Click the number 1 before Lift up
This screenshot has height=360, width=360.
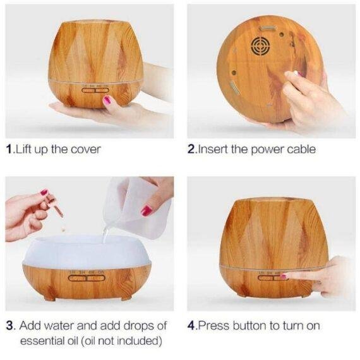[9, 149]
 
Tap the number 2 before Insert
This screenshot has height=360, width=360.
[191, 149]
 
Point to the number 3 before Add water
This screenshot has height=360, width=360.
[10, 325]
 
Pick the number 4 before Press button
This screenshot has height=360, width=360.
[191, 325]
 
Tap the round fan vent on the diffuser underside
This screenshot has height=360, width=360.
[260, 45]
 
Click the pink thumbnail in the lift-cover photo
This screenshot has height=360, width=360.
[107, 100]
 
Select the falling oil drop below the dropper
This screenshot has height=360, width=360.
[63, 229]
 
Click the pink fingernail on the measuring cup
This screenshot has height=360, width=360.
[147, 210]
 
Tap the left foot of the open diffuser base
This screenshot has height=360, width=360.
[50, 298]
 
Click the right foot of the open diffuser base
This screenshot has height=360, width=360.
[126, 297]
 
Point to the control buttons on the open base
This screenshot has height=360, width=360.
[87, 278]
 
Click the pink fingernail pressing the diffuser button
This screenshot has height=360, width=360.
[284, 277]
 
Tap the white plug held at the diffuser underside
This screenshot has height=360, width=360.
[299, 74]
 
